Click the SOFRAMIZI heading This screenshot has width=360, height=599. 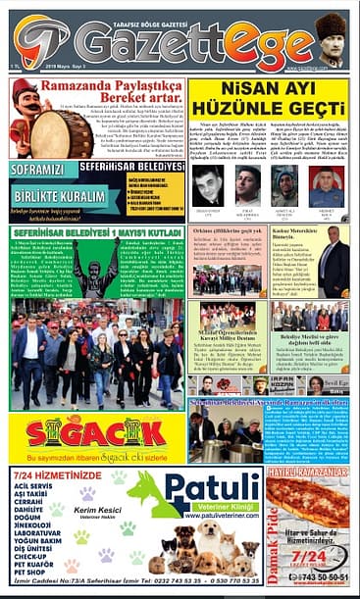[40, 170]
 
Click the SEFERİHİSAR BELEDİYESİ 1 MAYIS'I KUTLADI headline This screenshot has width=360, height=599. [97, 231]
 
